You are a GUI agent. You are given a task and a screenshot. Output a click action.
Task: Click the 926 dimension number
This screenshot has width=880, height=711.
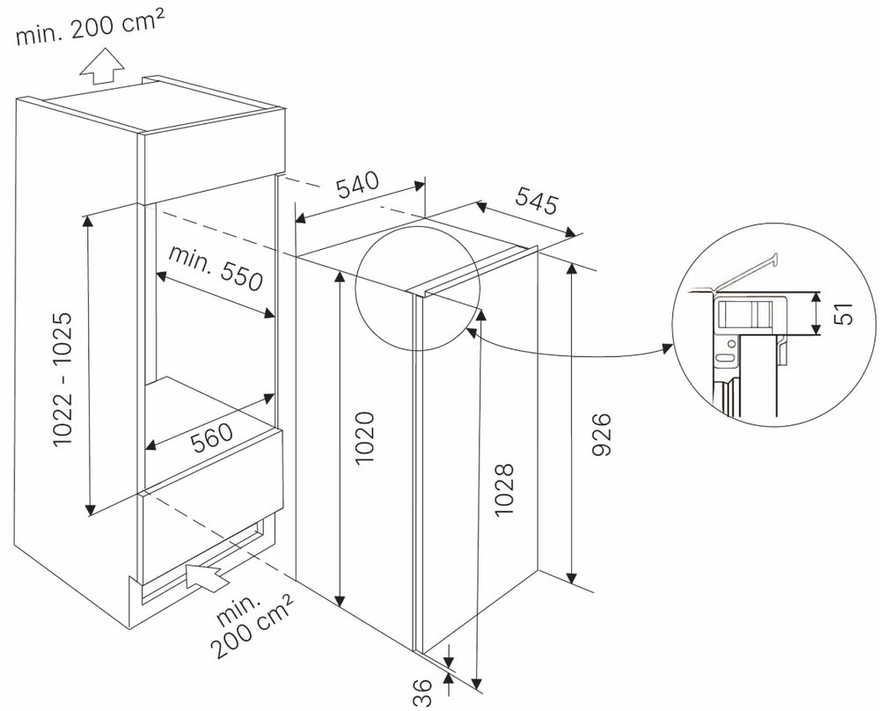(601, 434)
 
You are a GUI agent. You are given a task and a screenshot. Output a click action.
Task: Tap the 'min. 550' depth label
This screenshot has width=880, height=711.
(216, 268)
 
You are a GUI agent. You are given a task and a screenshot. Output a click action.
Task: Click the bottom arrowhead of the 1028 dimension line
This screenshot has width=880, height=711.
(477, 682)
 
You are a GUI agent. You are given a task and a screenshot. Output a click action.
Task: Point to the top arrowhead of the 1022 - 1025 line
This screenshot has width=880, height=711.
(88, 219)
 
